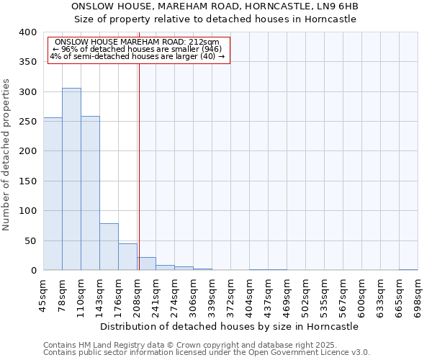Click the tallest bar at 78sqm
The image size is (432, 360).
(71, 179)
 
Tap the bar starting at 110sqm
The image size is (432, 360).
(90, 193)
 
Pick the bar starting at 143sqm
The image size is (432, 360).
(109, 247)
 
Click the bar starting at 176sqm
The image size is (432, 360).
(127, 257)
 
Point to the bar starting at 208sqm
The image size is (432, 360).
(146, 264)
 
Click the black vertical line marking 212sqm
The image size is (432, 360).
(138, 166)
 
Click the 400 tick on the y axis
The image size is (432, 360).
(27, 32)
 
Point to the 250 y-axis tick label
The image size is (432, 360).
(27, 122)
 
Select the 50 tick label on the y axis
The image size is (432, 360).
(30, 241)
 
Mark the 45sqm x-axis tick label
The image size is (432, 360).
(44, 293)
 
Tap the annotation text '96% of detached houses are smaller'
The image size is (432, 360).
(137, 49)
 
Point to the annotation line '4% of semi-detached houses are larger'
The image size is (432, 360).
(137, 56)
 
